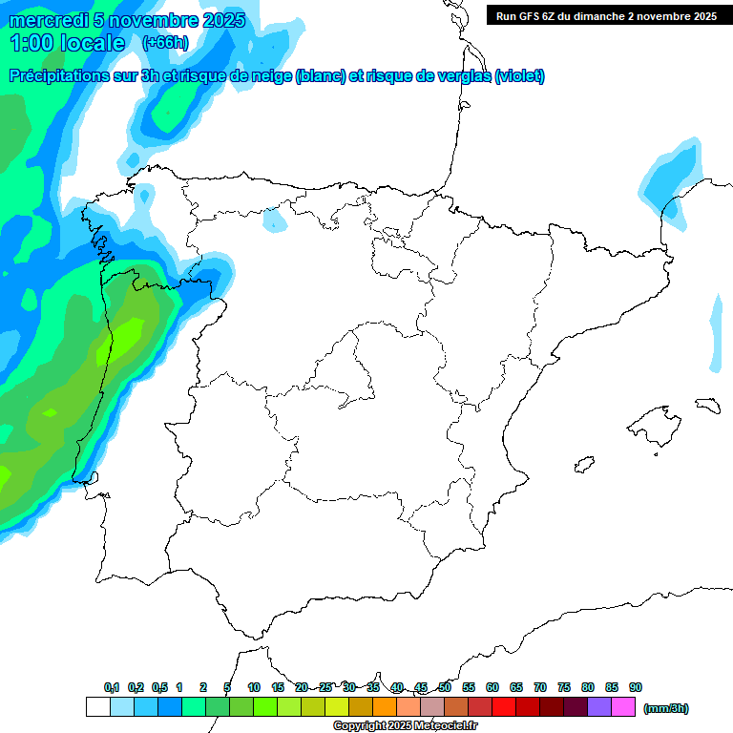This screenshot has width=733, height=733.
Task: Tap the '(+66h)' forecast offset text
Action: click(x=165, y=42)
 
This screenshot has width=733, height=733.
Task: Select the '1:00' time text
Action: click(x=31, y=42)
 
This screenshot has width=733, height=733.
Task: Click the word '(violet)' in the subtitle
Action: click(x=519, y=76)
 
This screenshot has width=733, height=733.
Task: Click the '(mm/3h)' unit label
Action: click(x=666, y=708)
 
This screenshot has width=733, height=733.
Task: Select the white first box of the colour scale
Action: click(x=97, y=707)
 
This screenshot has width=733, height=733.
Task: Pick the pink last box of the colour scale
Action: click(x=623, y=707)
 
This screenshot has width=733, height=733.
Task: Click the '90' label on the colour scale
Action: click(x=636, y=687)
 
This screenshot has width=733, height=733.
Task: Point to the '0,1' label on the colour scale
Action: click(x=112, y=687)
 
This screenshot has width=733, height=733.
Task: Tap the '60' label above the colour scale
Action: click(x=492, y=687)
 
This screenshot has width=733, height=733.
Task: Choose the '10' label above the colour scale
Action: click(x=254, y=687)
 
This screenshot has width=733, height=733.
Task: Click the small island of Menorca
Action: click(x=707, y=405)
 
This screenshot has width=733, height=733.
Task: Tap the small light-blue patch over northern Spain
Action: click(x=275, y=220)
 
